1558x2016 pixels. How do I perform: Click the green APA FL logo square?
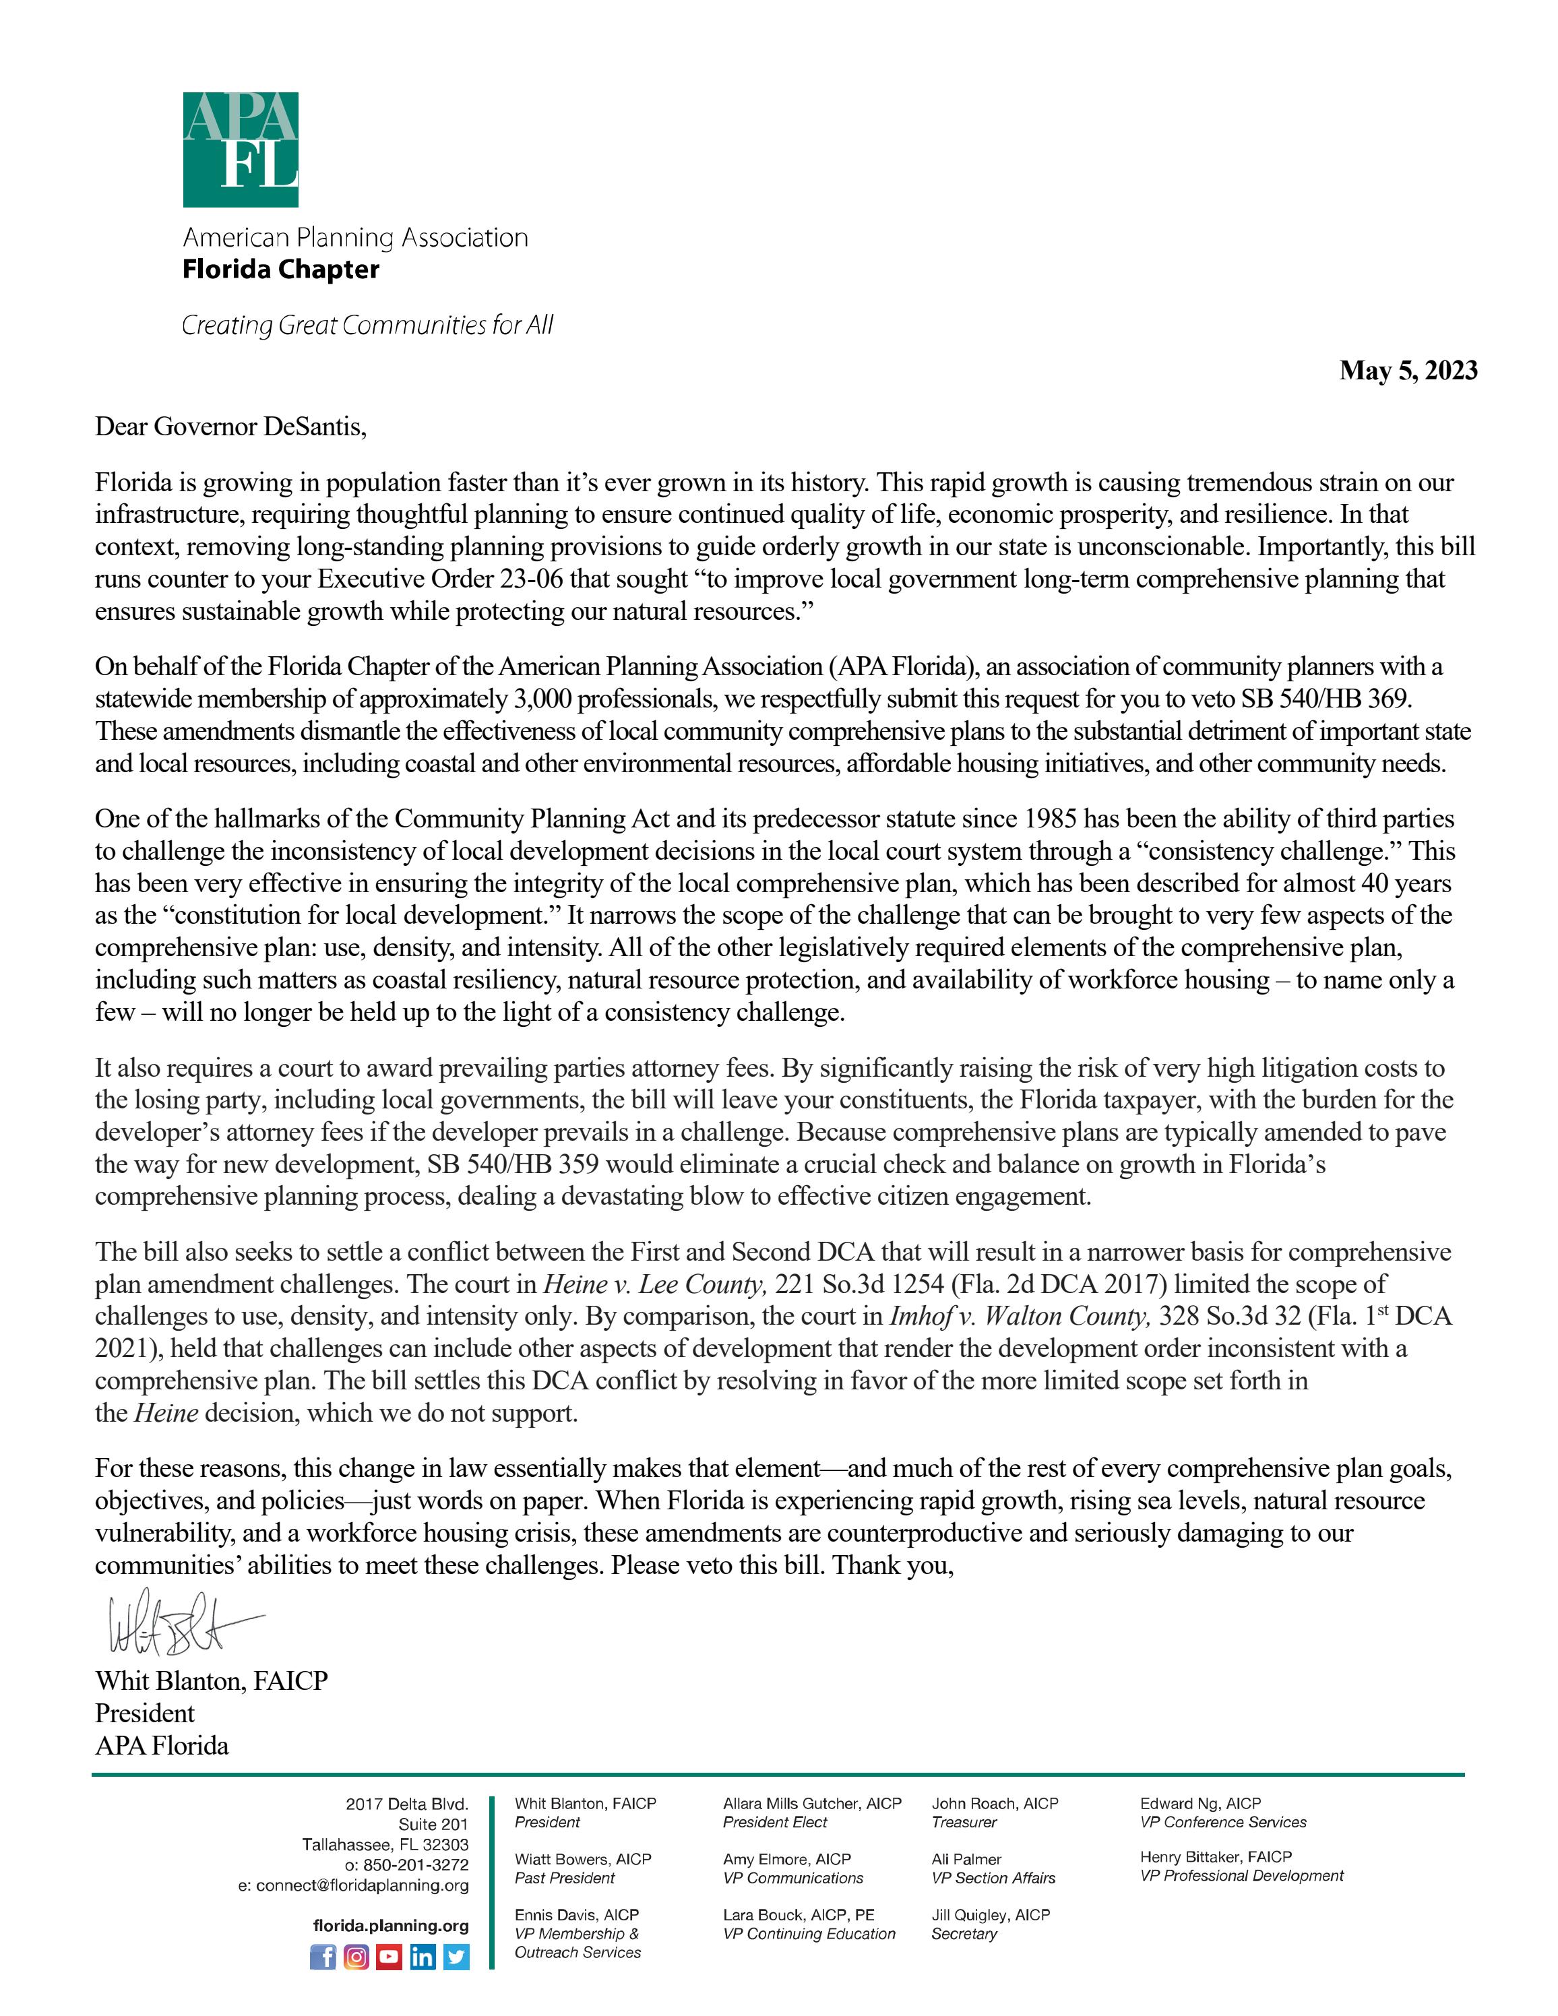point(240,150)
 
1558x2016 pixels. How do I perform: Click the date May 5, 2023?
point(1408,371)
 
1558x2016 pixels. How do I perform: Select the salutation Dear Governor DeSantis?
point(230,427)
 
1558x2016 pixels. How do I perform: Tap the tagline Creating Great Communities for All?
point(367,325)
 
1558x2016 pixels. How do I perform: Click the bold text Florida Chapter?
point(280,270)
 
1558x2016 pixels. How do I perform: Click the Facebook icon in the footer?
point(323,1957)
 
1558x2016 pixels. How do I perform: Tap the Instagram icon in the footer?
point(356,1957)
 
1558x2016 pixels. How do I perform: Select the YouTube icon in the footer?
point(390,1957)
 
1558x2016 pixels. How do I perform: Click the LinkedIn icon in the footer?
point(423,1957)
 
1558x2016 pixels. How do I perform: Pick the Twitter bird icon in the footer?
point(456,1957)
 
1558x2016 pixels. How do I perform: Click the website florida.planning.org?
point(390,1926)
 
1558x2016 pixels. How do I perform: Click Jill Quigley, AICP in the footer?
point(991,1916)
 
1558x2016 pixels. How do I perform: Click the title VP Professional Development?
point(1241,1876)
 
